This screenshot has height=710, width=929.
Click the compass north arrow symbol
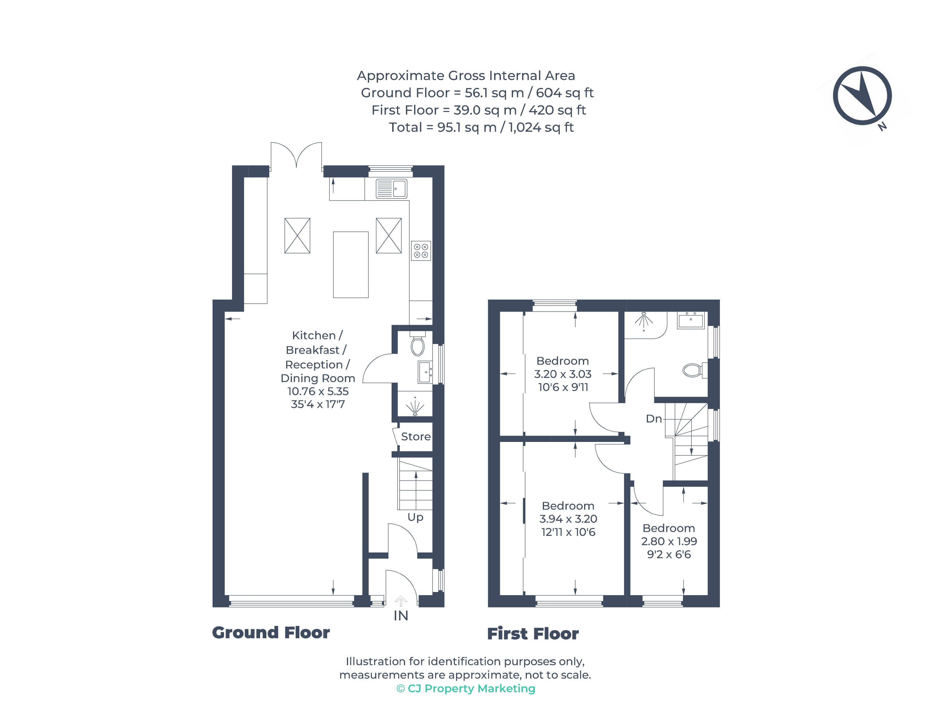coord(862,95)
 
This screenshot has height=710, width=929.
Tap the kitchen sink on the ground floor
coord(391,188)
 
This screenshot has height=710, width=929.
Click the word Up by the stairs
coord(415,517)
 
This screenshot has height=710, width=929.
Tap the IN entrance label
coord(401,616)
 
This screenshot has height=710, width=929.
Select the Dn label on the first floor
coord(653,419)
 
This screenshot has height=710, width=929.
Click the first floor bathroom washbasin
coord(691,320)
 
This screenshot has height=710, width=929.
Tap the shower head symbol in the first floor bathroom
coord(643,320)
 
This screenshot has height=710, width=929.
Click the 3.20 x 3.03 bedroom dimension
coord(563,374)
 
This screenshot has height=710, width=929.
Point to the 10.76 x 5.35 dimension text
coord(318,391)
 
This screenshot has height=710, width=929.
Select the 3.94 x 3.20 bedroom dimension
coord(568,519)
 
